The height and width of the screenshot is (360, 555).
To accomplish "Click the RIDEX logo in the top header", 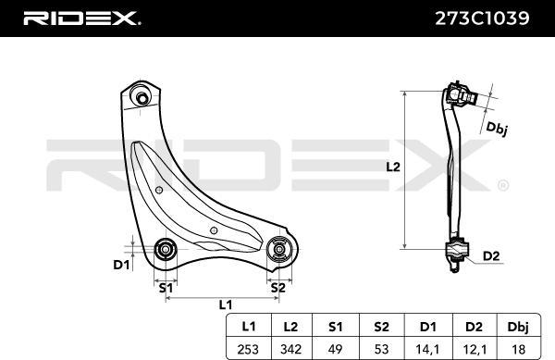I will tap(81, 17).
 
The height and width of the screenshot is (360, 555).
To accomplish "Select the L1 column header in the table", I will tap(249, 325).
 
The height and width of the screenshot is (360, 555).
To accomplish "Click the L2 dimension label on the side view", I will tap(392, 168).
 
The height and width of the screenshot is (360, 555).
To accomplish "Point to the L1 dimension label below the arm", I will tap(225, 304).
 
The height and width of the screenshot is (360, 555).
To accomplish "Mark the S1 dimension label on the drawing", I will tap(166, 287).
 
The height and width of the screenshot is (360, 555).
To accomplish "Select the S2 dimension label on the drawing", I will tap(277, 287).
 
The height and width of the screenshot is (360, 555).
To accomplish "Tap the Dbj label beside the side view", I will tap(497, 129).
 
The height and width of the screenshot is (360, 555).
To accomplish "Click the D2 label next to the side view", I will tap(492, 255).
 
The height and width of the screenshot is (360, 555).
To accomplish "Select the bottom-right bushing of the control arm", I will tap(278, 250).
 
